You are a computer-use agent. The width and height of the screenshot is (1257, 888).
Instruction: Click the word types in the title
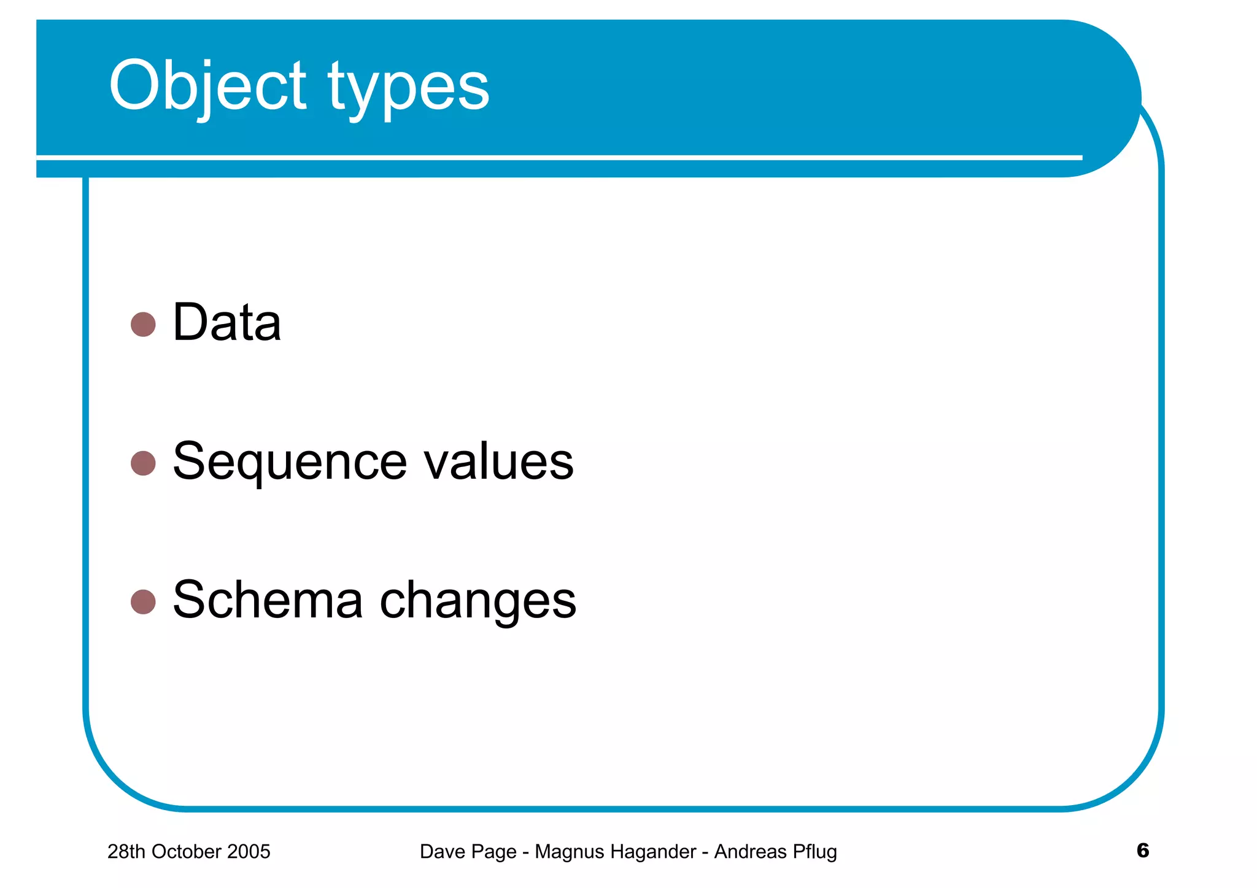(408, 89)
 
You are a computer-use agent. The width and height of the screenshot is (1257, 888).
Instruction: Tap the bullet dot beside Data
(143, 324)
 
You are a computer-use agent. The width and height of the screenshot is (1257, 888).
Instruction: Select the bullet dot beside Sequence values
(143, 463)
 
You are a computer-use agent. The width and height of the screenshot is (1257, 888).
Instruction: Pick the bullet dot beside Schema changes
(143, 601)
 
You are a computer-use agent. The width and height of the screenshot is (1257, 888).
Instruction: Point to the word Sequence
(290, 463)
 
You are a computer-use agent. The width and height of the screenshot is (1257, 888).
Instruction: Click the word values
(498, 461)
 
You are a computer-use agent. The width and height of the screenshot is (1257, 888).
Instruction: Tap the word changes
(478, 601)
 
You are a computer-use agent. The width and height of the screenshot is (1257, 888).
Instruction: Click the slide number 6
(1142, 850)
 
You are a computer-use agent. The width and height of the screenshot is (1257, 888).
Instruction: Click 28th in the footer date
(127, 851)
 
